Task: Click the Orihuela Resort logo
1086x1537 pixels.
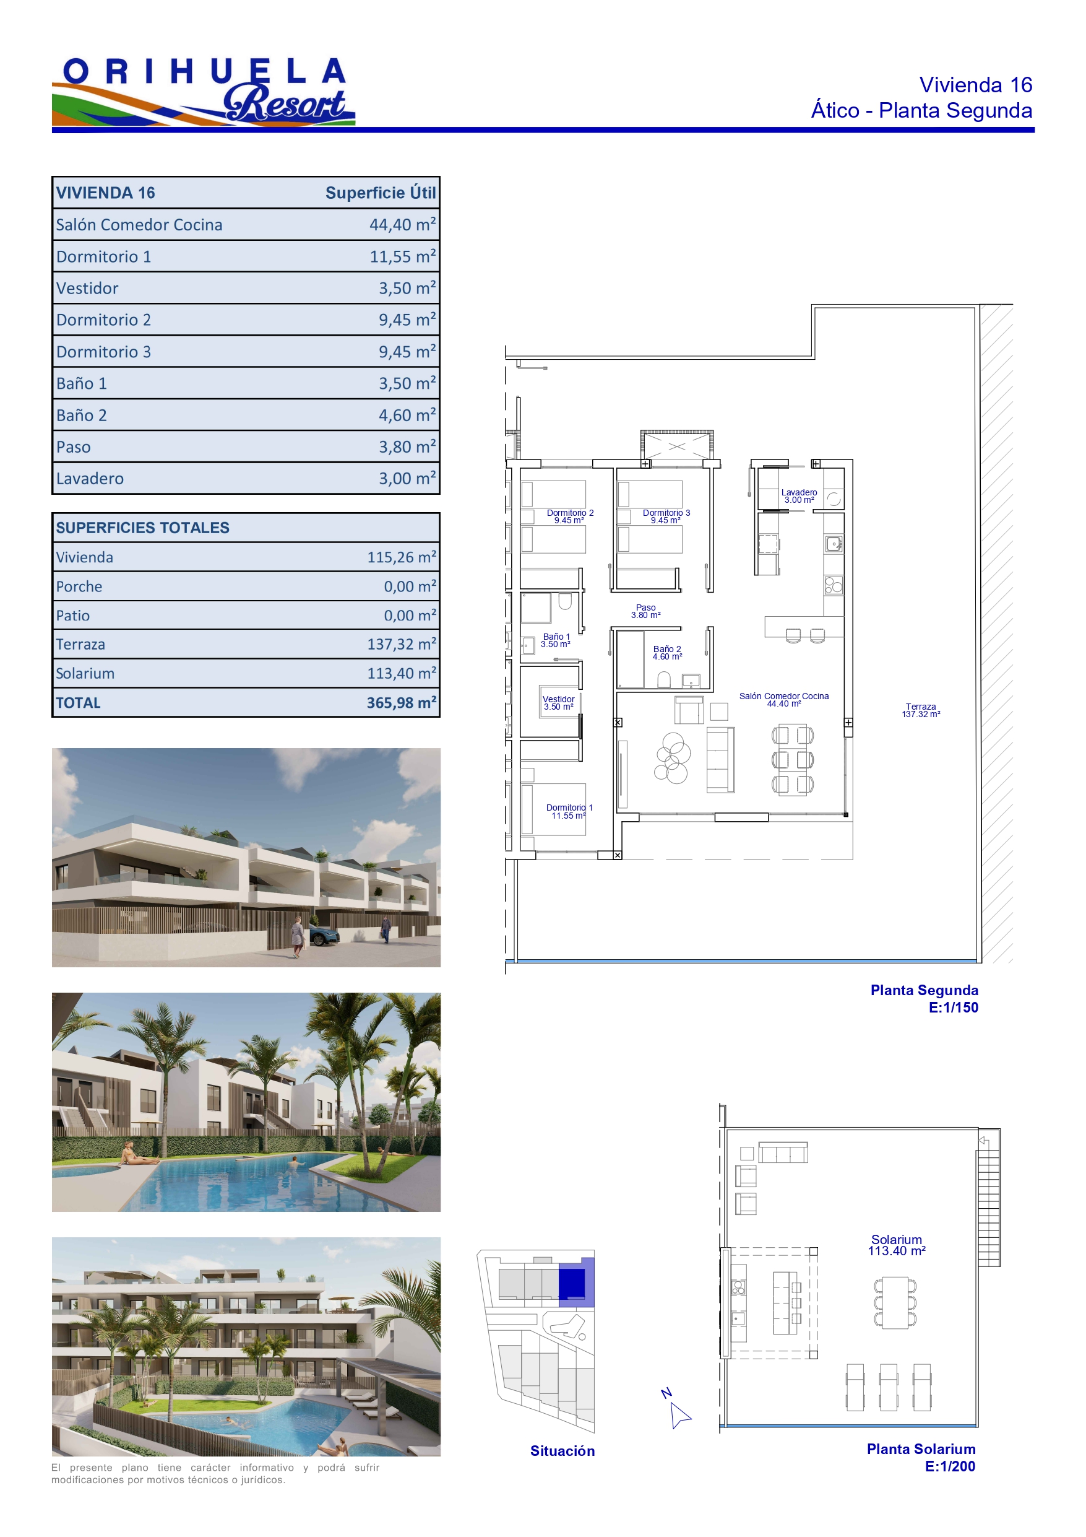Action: point(204,92)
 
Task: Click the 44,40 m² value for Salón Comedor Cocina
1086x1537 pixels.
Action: point(402,224)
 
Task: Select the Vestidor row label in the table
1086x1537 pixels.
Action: point(87,288)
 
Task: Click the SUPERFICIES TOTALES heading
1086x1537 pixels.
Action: point(142,528)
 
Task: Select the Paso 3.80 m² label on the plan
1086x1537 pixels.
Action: point(645,611)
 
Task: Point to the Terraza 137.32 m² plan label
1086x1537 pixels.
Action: point(921,710)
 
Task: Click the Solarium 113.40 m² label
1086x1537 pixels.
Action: point(897,1245)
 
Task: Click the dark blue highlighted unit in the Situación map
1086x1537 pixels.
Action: point(571,1282)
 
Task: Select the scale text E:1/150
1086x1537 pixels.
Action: point(954,1008)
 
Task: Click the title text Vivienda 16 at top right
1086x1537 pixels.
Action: point(976,85)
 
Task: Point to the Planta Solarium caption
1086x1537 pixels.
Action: point(921,1448)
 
